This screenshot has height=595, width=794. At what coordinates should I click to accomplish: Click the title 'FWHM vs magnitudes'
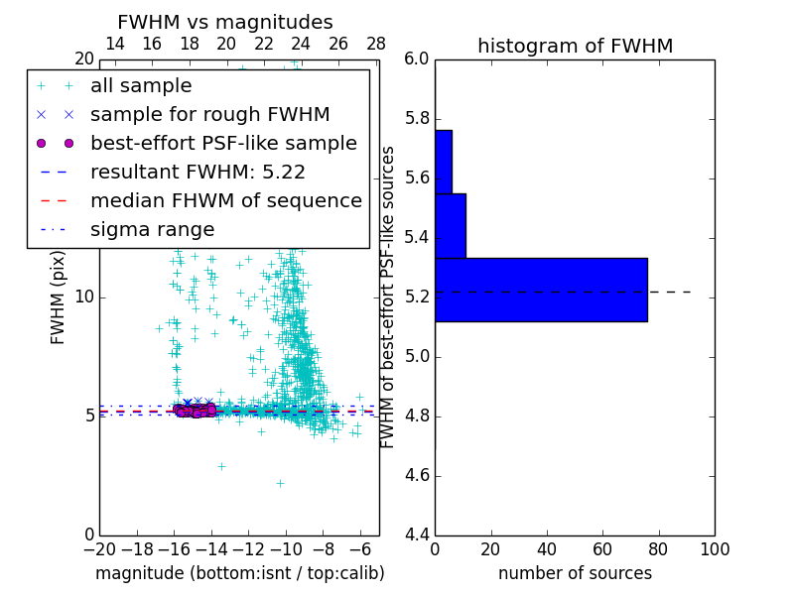click(224, 22)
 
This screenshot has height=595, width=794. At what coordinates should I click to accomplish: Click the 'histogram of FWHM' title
click(575, 46)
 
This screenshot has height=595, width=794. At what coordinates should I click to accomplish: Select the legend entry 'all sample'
click(141, 86)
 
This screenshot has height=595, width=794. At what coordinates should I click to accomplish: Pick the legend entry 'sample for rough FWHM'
click(209, 115)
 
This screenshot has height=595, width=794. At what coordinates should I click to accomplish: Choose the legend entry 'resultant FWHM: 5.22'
click(198, 173)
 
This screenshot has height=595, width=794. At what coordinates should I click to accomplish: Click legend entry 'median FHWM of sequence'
click(225, 201)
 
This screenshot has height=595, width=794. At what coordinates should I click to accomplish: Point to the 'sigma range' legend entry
click(152, 230)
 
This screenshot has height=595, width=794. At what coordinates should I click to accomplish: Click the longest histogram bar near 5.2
click(541, 290)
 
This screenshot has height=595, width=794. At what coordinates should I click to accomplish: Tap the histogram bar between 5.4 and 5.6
click(451, 225)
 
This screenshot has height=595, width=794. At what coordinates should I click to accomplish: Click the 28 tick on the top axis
click(376, 44)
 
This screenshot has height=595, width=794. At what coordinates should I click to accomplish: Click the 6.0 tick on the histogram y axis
click(416, 59)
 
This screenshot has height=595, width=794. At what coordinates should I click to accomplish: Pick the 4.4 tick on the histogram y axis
click(416, 535)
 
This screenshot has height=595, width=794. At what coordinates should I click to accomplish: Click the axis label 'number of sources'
click(575, 573)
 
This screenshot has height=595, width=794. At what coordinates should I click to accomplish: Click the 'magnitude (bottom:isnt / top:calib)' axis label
click(239, 573)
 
